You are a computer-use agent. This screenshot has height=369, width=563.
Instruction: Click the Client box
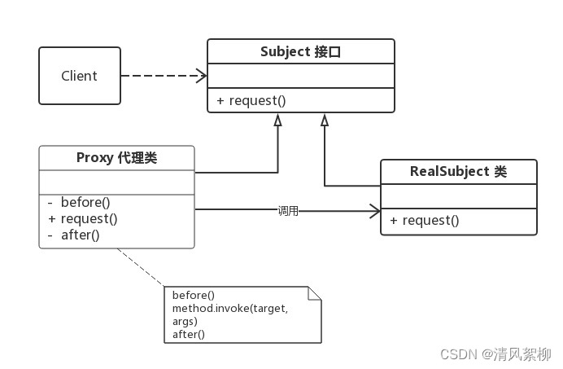tap(79, 76)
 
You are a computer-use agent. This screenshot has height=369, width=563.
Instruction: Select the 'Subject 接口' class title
tap(300, 52)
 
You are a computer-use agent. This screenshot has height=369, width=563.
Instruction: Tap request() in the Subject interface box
tap(251, 101)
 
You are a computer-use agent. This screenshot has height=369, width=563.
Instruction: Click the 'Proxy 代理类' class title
tap(116, 158)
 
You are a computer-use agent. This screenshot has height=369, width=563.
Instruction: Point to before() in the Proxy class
tap(85, 202)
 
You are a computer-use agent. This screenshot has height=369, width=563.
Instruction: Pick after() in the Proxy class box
tap(78, 235)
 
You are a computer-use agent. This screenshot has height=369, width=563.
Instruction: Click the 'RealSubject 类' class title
tap(458, 172)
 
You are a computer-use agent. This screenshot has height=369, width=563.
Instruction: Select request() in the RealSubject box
tap(424, 221)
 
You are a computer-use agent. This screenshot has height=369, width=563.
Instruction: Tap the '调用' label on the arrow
tap(288, 211)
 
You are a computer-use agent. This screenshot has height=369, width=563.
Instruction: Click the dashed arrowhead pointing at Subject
tap(201, 76)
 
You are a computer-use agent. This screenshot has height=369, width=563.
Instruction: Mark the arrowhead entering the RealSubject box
tap(374, 210)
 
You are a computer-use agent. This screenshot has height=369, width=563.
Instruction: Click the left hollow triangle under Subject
tap(277, 120)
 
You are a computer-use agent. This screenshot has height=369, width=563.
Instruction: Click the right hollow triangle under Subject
tap(324, 120)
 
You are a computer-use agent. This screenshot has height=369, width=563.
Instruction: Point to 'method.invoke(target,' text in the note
tap(230, 309)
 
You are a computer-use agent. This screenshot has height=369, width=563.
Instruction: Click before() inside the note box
tap(194, 296)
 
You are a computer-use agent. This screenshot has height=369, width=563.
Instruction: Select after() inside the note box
tap(189, 334)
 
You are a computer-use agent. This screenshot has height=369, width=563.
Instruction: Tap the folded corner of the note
tap(314, 294)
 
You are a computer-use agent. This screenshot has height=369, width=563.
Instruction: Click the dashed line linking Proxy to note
tap(142, 268)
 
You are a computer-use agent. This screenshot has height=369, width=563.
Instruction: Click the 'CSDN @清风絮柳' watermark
tap(495, 354)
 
